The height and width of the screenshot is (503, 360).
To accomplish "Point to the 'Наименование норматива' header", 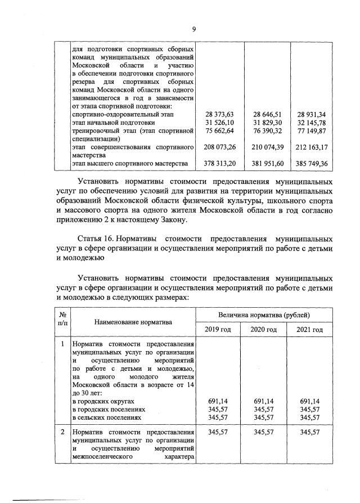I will click(133, 322).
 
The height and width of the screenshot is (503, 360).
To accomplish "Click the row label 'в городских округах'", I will click(103, 401).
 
